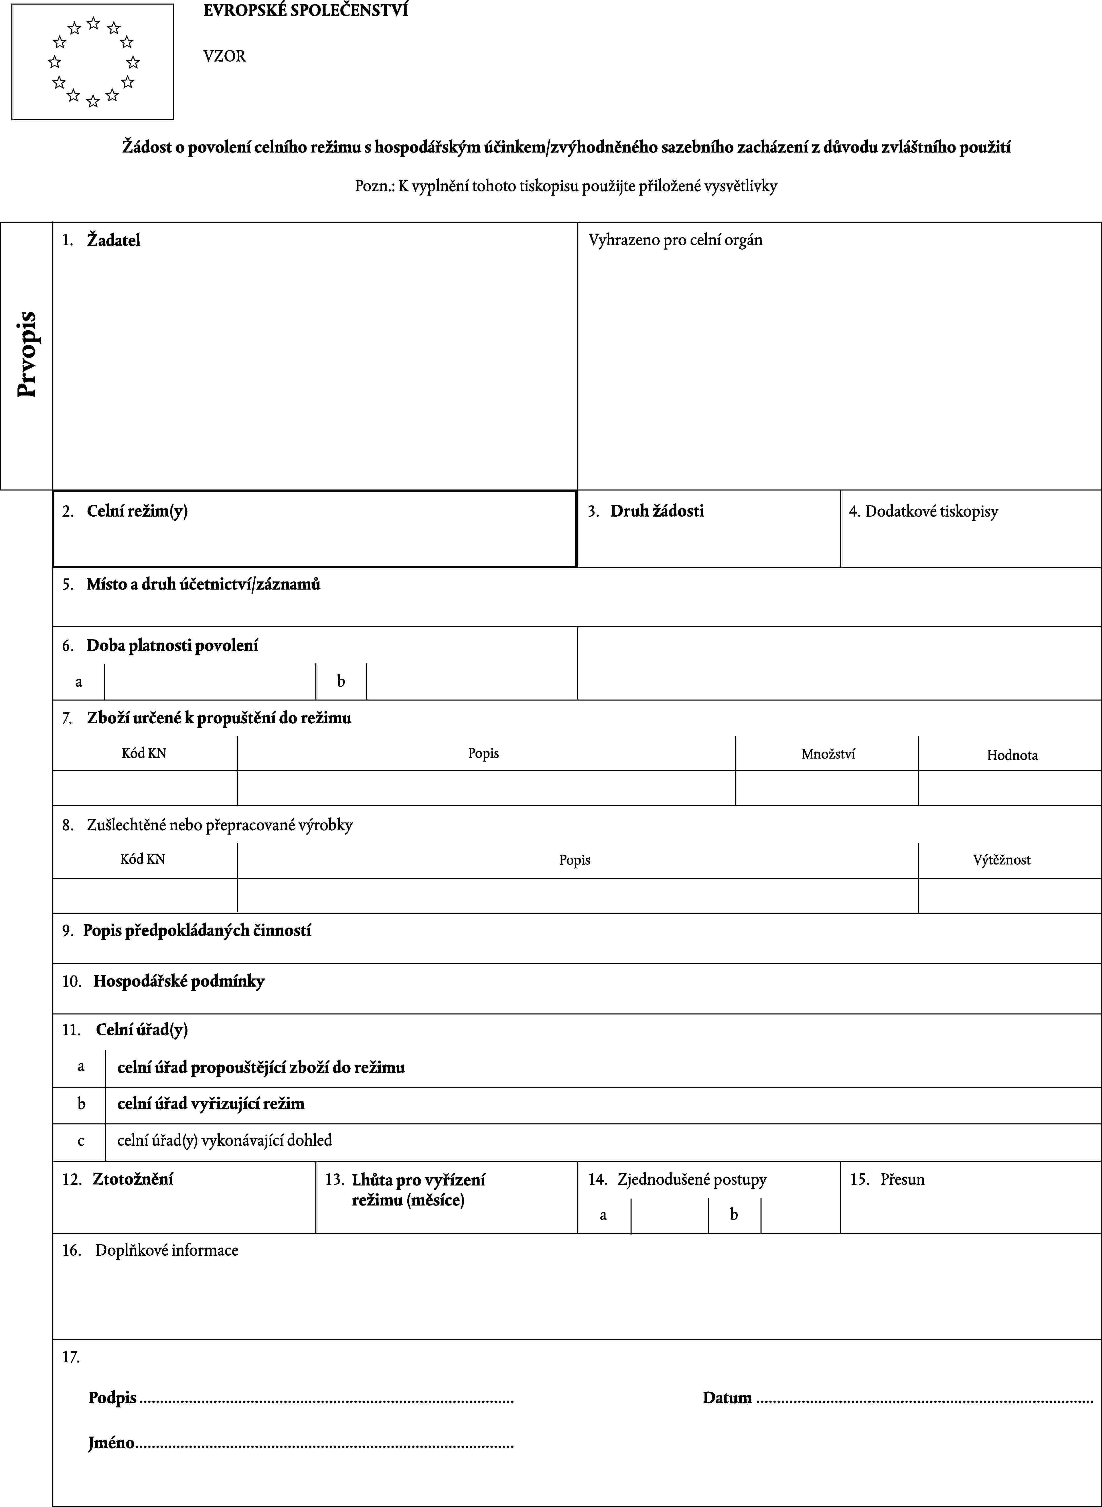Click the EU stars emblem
pos(93,62)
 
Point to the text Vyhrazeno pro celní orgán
pos(675,240)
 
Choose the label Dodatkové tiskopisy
pos(931,512)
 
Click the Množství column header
pos(828,754)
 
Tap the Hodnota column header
pos(1012,755)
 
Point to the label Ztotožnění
pos(133,1179)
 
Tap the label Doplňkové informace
pos(167,1250)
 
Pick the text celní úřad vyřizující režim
pos(211,1103)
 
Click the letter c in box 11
pos(81,1140)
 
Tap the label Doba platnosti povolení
pos(172,645)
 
